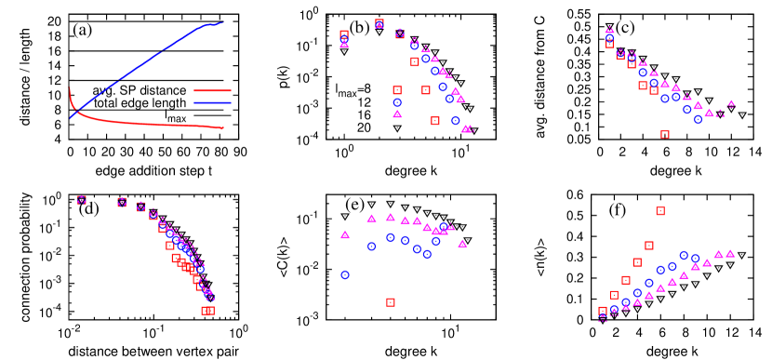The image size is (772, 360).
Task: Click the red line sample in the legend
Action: [x=212, y=91]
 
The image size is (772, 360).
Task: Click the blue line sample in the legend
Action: [x=212, y=102]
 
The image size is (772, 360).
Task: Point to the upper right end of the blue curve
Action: [x=222, y=22]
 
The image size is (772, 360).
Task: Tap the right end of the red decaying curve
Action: [x=223, y=128]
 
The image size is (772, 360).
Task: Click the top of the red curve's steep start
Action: [x=70, y=89]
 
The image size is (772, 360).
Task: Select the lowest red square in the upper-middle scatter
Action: [x=435, y=121]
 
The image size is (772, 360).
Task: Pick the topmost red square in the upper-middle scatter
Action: [x=379, y=23]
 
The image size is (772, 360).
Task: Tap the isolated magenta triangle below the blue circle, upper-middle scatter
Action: [x=398, y=113]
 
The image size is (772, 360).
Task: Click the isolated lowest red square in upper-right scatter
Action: [x=665, y=134]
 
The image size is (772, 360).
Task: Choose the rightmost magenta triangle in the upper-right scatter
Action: [x=731, y=103]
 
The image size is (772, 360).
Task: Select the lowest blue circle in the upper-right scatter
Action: [x=699, y=119]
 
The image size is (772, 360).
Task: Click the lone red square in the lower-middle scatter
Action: [x=391, y=302]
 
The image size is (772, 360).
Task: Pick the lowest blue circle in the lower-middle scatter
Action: [x=345, y=274]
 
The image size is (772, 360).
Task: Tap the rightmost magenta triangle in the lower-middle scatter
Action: [x=462, y=243]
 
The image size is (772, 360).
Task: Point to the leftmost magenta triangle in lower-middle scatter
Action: [x=345, y=234]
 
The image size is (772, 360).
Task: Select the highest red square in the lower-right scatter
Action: [x=660, y=210]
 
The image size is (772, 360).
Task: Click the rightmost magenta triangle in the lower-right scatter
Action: [x=730, y=253]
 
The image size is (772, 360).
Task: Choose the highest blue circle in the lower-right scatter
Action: [x=684, y=255]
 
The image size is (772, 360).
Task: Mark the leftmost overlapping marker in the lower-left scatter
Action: [x=82, y=200]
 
